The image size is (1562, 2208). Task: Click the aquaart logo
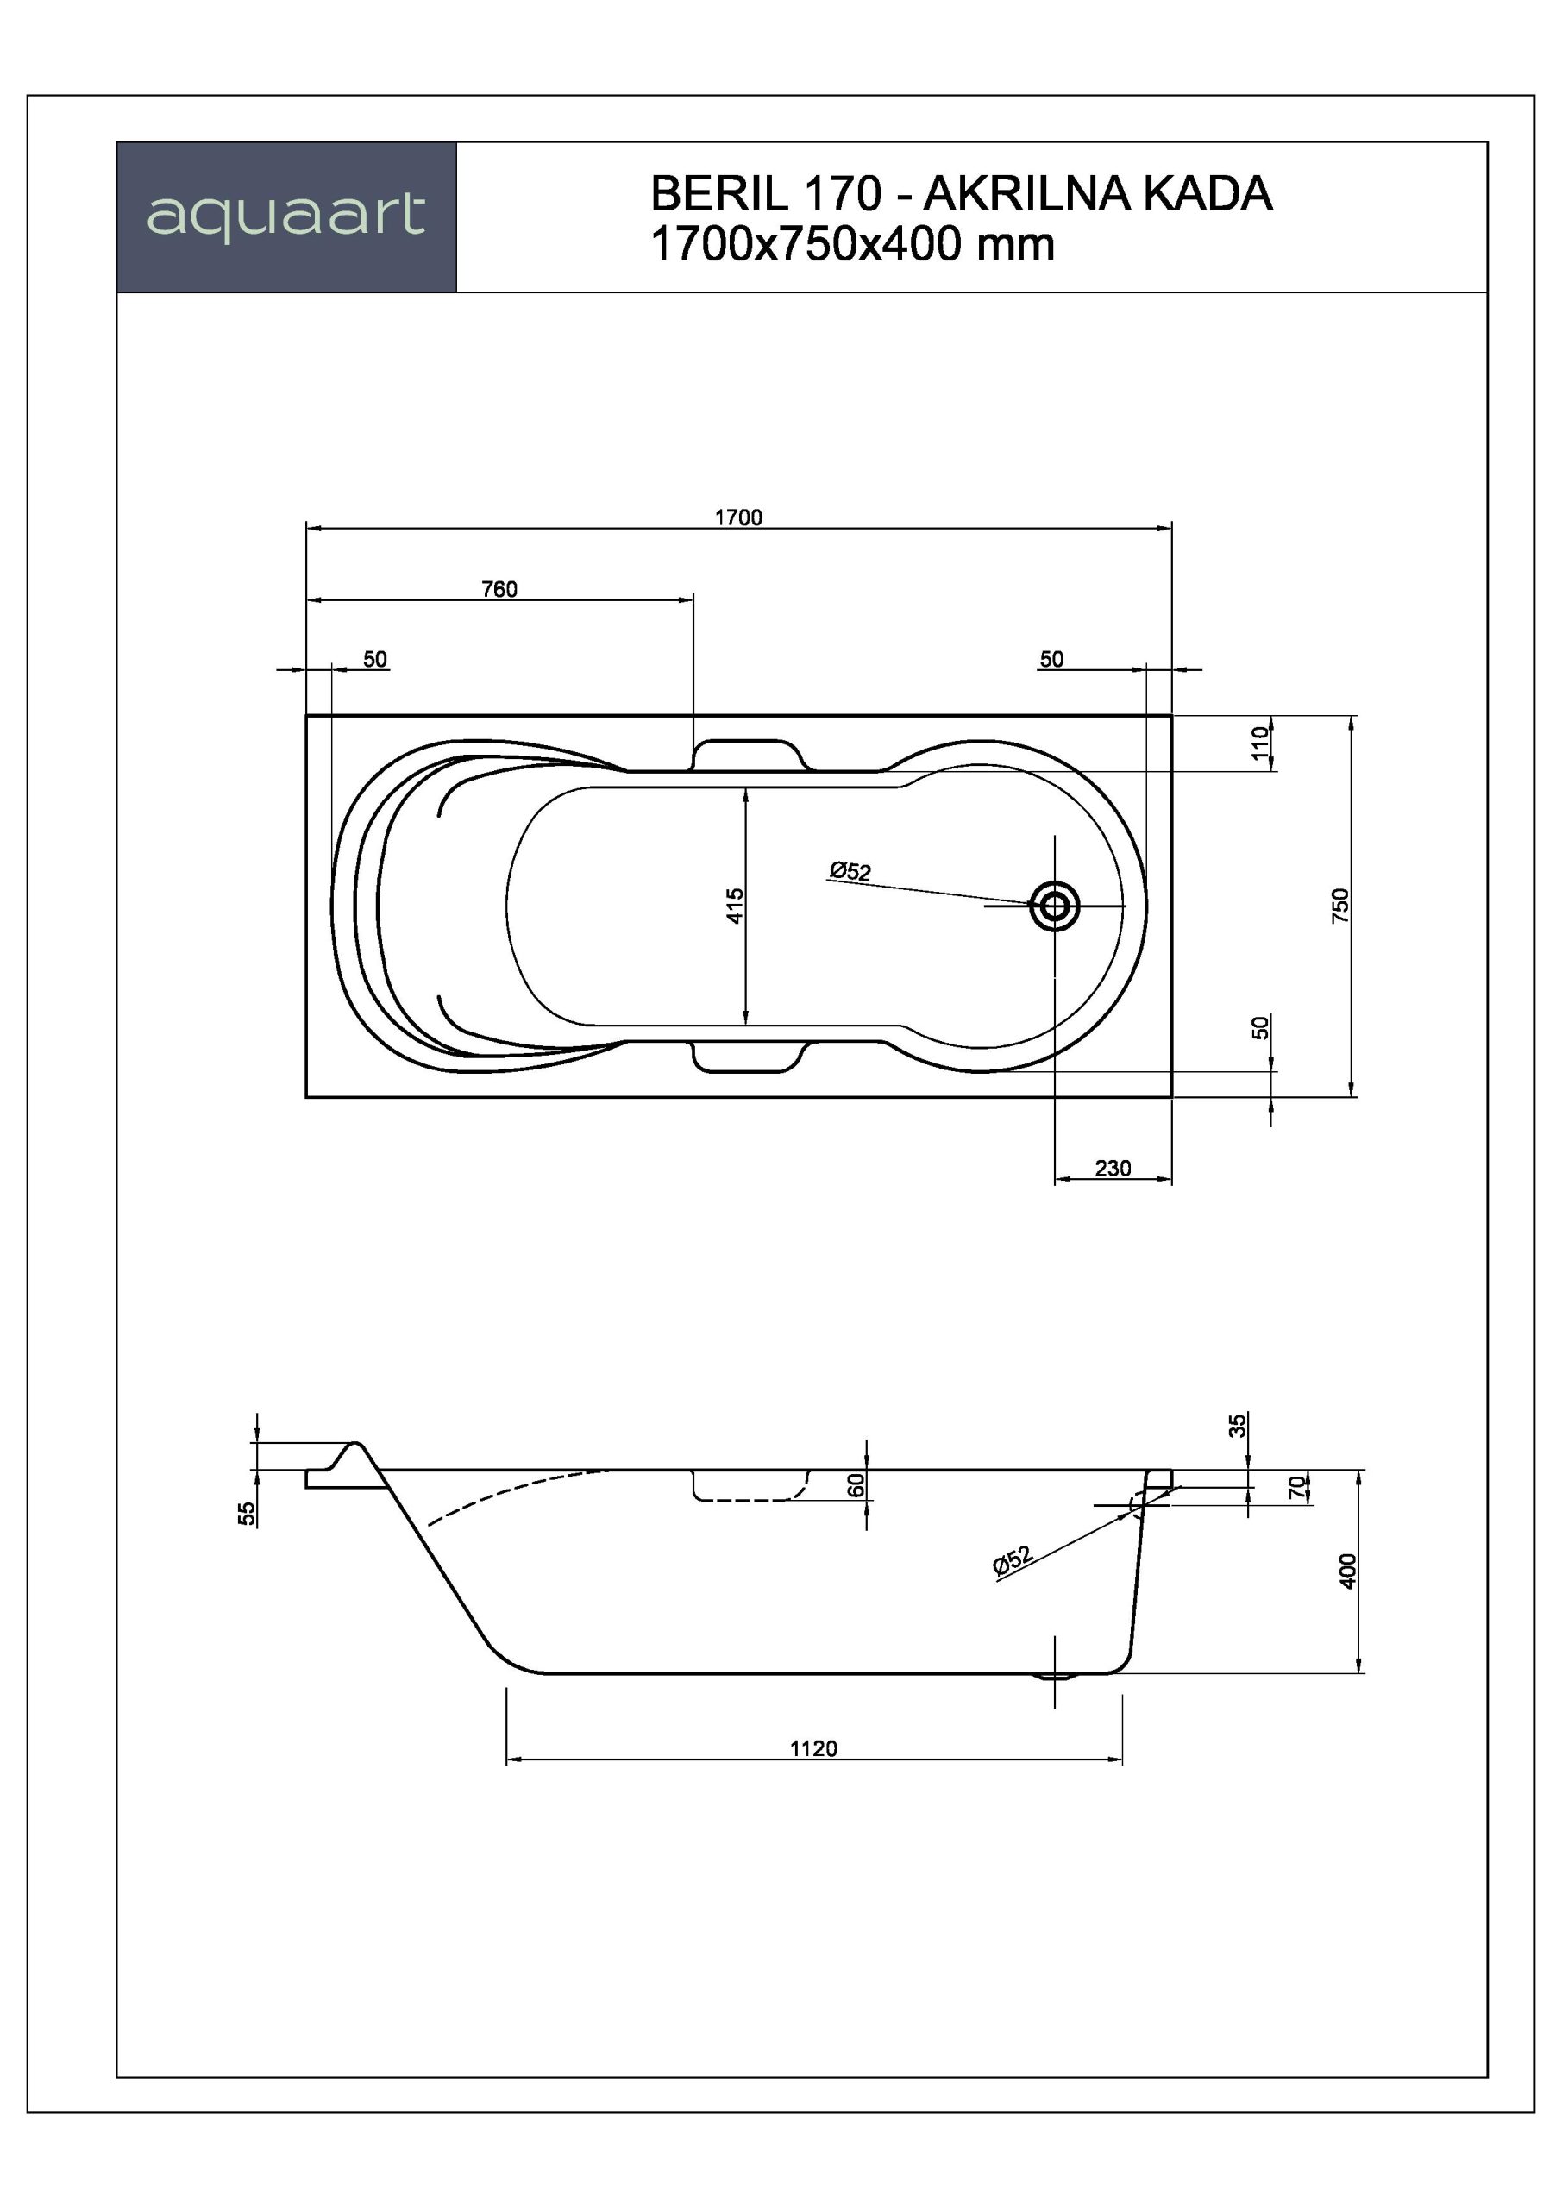pyautogui.click(x=285, y=216)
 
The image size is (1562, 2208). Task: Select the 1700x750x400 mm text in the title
pyautogui.click(x=852, y=244)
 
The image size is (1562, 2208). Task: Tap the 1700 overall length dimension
pyautogui.click(x=737, y=517)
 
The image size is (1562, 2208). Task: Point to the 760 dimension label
pyautogui.click(x=499, y=588)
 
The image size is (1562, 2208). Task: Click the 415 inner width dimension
pyautogui.click(x=735, y=905)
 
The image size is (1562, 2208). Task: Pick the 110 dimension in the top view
pyautogui.click(x=1260, y=743)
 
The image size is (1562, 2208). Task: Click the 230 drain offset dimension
pyautogui.click(x=1113, y=1169)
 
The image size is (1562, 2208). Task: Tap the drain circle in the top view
pyautogui.click(x=1054, y=905)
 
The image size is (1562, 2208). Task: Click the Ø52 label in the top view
pyautogui.click(x=850, y=870)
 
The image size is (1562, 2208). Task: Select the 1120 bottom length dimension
pyautogui.click(x=813, y=1748)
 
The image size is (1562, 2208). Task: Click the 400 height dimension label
pyautogui.click(x=1347, y=1571)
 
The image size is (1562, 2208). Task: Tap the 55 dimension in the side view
pyautogui.click(x=248, y=1513)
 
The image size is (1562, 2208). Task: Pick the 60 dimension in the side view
pyautogui.click(x=856, y=1485)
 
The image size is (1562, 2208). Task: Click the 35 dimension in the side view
pyautogui.click(x=1238, y=1425)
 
